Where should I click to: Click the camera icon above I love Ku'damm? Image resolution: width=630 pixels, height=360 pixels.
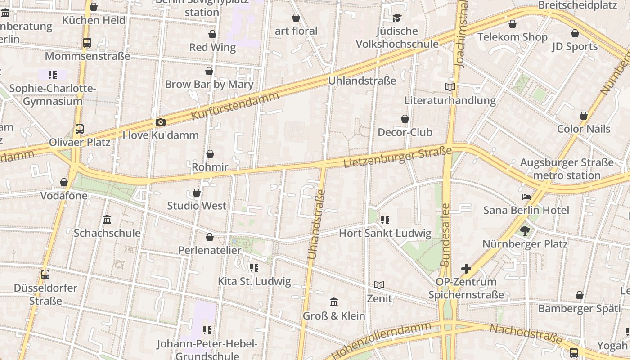click(x=160, y=122)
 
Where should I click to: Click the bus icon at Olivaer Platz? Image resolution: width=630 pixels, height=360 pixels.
click(x=80, y=129)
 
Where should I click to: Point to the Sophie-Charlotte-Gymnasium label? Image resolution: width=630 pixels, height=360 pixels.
click(x=53, y=94)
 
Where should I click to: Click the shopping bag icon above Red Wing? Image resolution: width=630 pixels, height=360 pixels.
click(x=212, y=34)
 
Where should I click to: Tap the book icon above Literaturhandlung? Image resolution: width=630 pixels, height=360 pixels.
click(x=450, y=87)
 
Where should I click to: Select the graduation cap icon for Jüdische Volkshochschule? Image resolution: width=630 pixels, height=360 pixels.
click(x=397, y=18)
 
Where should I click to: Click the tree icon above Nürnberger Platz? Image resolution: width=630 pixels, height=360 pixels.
click(x=525, y=231)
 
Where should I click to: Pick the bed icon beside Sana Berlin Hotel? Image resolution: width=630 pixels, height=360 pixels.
click(x=526, y=197)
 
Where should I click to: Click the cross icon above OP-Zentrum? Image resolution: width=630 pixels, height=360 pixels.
click(x=466, y=269)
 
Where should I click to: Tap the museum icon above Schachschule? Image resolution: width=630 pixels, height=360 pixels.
click(x=107, y=220)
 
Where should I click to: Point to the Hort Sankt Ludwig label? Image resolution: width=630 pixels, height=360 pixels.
click(x=385, y=233)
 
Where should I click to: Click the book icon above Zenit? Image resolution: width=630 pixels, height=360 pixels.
click(x=379, y=285)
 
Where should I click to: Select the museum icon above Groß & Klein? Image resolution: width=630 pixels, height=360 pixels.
click(x=334, y=302)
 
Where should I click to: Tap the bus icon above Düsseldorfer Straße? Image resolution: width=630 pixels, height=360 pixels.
click(x=45, y=274)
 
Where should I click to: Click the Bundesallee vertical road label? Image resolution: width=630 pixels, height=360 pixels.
click(x=445, y=234)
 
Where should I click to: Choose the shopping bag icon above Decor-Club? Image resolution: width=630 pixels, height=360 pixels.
click(x=405, y=119)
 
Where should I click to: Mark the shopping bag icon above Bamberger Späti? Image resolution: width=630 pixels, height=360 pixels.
click(x=580, y=295)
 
